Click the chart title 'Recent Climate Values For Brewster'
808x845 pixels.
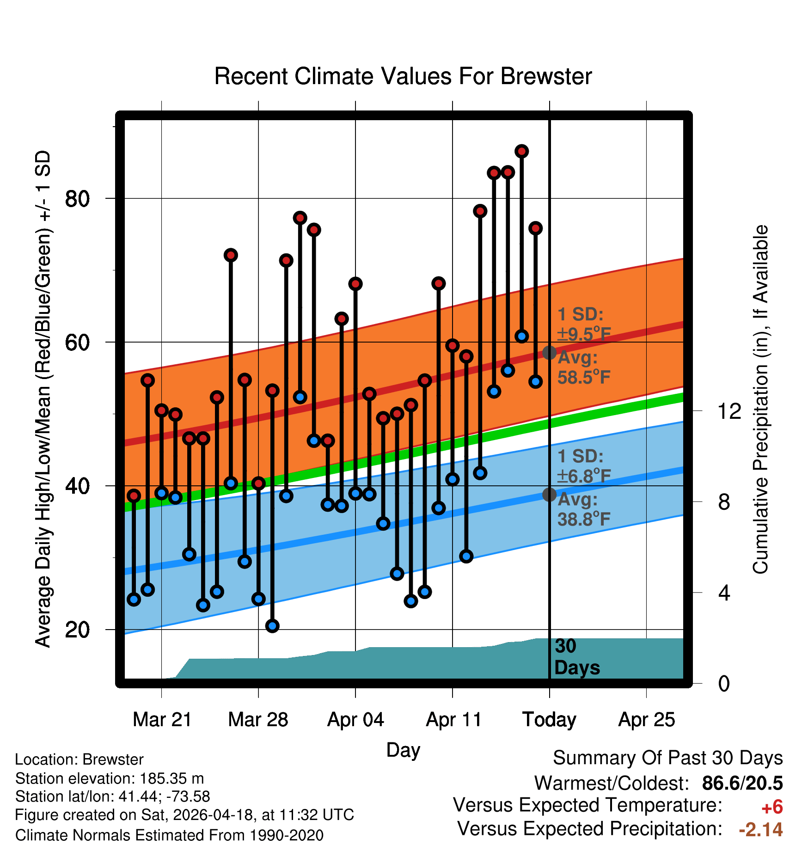[403, 76]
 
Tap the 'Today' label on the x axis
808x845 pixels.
[549, 720]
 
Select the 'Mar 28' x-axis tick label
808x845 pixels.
[258, 720]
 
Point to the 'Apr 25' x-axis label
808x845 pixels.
[647, 720]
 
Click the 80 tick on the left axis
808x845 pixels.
[77, 199]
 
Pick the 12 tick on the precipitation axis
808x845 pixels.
[729, 411]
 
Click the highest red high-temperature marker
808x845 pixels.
[522, 151]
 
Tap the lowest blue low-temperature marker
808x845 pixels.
[272, 626]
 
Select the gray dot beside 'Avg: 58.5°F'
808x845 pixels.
[549, 353]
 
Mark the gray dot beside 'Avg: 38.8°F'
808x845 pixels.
[549, 495]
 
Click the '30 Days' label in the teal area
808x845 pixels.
[577, 657]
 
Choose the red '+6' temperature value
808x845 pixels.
[772, 808]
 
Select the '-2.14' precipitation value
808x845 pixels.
[761, 830]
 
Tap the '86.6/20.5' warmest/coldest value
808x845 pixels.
[742, 784]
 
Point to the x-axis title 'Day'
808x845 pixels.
[403, 750]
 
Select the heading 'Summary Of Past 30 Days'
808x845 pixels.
[668, 758]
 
